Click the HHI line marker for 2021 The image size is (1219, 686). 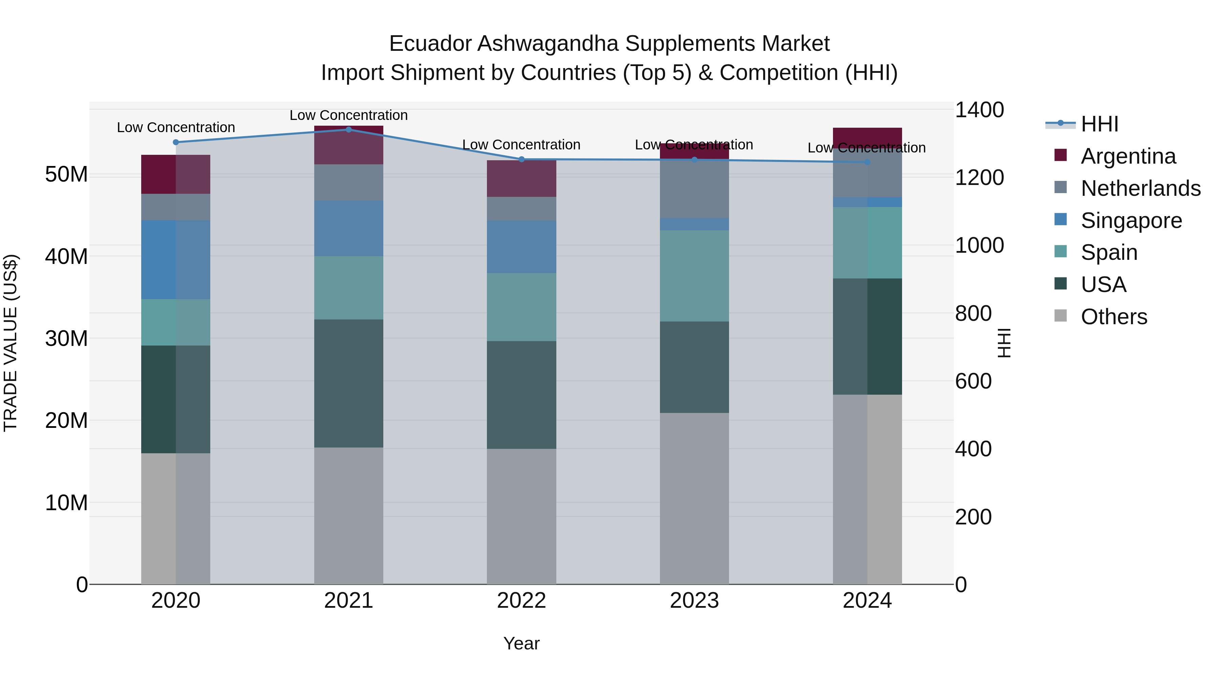pyautogui.click(x=348, y=129)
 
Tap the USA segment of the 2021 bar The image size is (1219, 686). pyautogui.click(x=348, y=383)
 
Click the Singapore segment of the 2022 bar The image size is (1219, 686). pyautogui.click(x=521, y=246)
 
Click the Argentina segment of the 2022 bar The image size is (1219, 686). pyautogui.click(x=521, y=179)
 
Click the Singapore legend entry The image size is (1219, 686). pyautogui.click(x=1131, y=221)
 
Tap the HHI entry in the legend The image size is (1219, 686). pyautogui.click(x=1099, y=124)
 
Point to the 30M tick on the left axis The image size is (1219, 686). pyautogui.click(x=66, y=338)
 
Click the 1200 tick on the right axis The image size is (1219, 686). pyautogui.click(x=979, y=178)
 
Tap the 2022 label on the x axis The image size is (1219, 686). pyautogui.click(x=521, y=601)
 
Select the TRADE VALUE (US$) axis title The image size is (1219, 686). pyautogui.click(x=10, y=343)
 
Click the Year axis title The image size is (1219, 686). pyautogui.click(x=521, y=643)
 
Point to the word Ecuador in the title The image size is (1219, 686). pyautogui.click(x=430, y=44)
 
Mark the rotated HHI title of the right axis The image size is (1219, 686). pyautogui.click(x=1004, y=343)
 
